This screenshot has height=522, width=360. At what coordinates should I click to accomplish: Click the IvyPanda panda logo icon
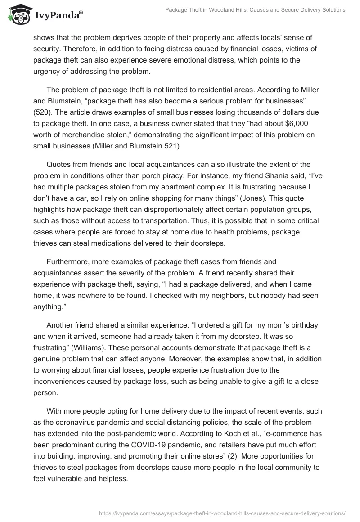[x=18, y=15]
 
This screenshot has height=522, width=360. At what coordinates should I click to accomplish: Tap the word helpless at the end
[x=112, y=477]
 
